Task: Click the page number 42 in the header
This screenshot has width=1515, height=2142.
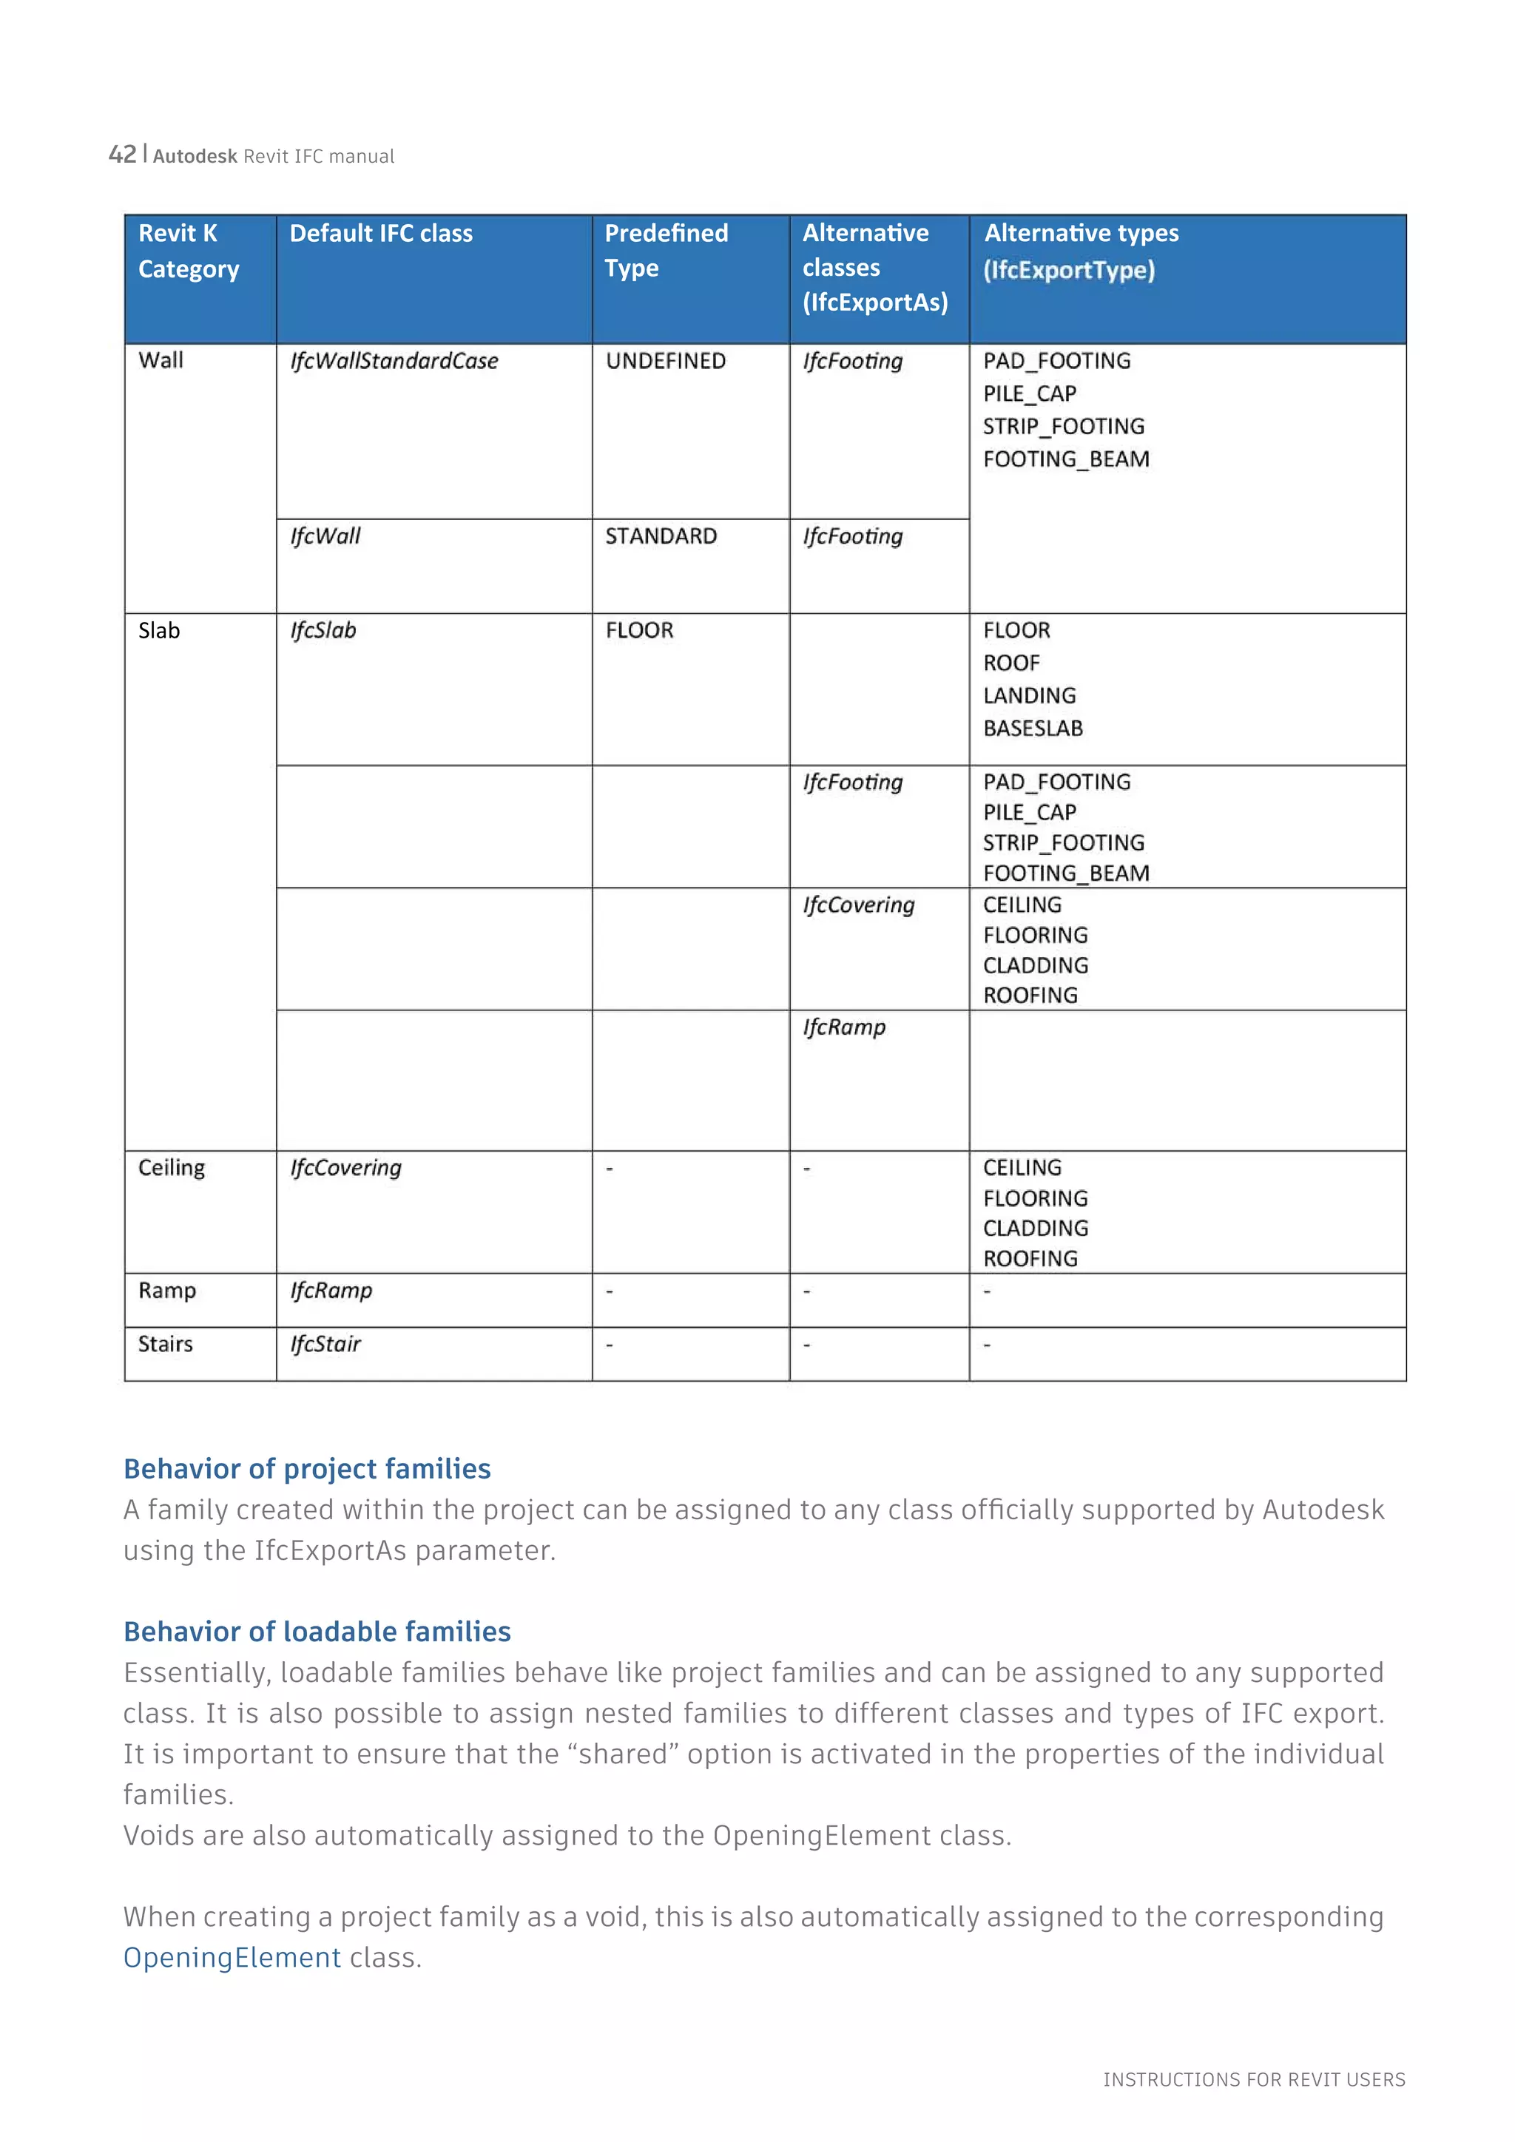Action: pos(122,154)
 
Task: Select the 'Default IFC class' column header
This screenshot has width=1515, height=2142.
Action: pos(381,233)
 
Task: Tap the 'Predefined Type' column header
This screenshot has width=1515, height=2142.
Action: pos(665,250)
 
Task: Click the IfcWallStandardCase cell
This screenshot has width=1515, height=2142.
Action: pos(394,361)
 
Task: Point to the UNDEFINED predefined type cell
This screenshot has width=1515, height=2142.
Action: pos(665,361)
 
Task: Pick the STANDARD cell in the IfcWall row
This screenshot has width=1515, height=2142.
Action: pos(661,536)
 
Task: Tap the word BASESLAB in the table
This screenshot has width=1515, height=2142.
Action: pos(1033,729)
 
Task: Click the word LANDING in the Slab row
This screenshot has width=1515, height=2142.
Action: pos(1029,696)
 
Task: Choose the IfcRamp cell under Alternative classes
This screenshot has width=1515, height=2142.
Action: pos(844,1027)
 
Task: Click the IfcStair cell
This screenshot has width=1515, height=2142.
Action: pos(325,1345)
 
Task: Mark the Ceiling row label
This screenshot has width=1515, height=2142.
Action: pos(171,1168)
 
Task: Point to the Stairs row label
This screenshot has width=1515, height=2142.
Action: pos(165,1345)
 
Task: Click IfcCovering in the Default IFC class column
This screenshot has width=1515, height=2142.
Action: pos(345,1168)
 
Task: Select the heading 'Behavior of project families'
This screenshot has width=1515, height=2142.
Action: pos(307,1470)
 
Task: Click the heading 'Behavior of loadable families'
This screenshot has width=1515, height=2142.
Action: pos(317,1632)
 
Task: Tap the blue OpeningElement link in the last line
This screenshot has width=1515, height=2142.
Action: pos(232,1957)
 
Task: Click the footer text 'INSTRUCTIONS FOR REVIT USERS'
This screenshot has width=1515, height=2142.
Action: pos(1254,2079)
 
